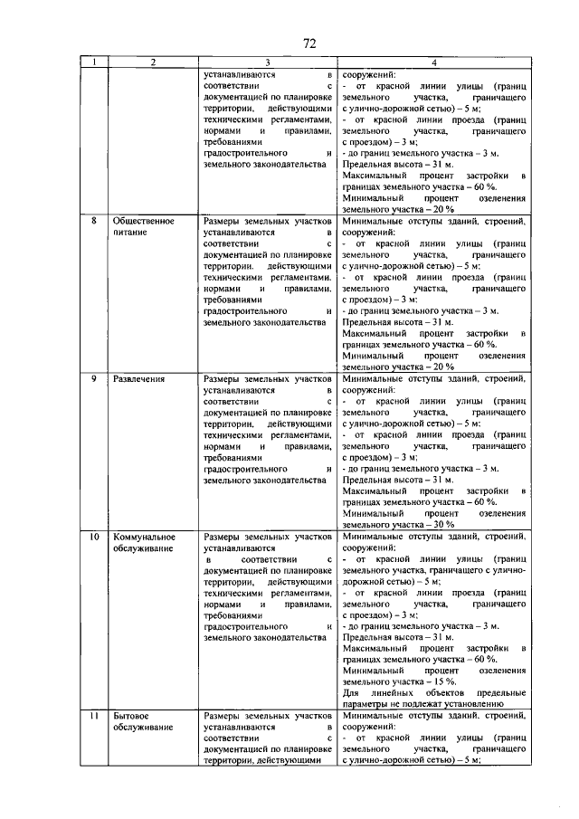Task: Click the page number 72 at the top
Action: (308, 43)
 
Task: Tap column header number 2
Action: (153, 62)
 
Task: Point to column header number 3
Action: (268, 62)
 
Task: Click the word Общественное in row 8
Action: (143, 221)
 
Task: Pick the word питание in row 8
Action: (130, 233)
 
